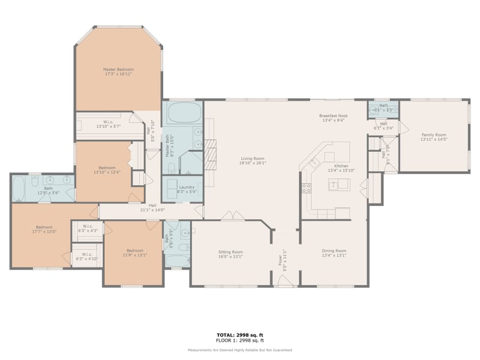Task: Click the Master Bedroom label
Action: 118,70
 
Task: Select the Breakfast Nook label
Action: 334,116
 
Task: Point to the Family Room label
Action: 434,135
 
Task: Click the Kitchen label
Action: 341,166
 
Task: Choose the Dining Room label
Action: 333,251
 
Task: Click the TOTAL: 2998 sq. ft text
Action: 240,334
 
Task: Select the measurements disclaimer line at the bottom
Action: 240,350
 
